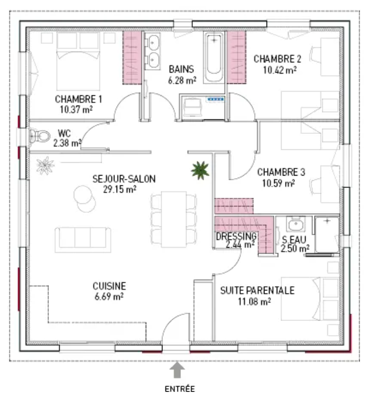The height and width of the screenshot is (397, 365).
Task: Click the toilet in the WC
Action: (x=39, y=136)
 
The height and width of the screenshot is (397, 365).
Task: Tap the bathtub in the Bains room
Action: (x=214, y=58)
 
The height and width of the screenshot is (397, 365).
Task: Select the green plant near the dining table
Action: (x=200, y=170)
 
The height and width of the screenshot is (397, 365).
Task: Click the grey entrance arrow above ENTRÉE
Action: (x=177, y=370)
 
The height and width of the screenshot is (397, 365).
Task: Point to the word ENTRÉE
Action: (x=180, y=389)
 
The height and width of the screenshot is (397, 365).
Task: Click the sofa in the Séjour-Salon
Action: (x=83, y=240)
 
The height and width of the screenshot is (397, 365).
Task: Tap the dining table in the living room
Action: (x=174, y=219)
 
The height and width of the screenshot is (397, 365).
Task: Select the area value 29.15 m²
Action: (x=120, y=189)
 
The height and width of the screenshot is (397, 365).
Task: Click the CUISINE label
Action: (x=109, y=286)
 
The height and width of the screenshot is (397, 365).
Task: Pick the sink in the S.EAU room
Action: (x=296, y=224)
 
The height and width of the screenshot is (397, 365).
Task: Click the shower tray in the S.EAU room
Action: (x=327, y=234)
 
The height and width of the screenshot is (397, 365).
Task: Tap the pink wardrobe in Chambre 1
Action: (x=132, y=58)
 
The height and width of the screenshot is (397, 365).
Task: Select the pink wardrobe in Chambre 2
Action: (x=237, y=57)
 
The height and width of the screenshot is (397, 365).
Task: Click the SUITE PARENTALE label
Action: (x=257, y=290)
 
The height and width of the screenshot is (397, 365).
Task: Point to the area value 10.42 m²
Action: (x=279, y=70)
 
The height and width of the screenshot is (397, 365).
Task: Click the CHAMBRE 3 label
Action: (x=281, y=172)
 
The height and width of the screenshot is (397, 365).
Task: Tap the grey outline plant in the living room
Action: (x=45, y=166)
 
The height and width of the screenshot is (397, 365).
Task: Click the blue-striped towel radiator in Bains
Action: (x=215, y=99)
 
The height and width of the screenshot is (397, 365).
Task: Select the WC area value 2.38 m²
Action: (x=67, y=143)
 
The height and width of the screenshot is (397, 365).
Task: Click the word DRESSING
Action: (x=236, y=236)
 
